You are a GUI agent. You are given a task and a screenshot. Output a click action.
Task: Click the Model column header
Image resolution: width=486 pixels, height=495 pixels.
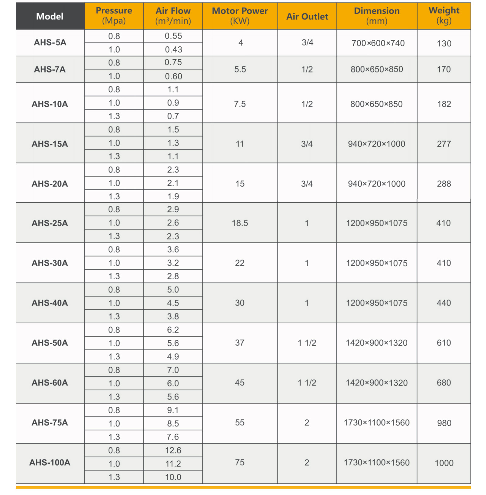[x=50, y=16]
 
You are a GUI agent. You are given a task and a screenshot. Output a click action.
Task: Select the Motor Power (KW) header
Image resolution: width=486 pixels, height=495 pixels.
[x=240, y=16]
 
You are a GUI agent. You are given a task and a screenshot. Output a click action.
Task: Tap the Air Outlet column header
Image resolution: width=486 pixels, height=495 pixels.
[x=307, y=16]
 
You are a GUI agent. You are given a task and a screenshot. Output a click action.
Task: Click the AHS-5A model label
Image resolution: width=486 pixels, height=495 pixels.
[x=50, y=42]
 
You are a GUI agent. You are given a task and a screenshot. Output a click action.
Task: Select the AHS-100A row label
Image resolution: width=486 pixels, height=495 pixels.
[x=50, y=463]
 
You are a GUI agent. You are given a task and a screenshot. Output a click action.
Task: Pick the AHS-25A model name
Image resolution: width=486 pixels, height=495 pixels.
[x=50, y=223]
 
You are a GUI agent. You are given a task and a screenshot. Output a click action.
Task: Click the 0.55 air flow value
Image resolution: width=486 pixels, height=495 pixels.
[x=173, y=36]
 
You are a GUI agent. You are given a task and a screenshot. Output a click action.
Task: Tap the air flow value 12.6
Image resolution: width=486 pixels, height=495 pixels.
[x=173, y=450]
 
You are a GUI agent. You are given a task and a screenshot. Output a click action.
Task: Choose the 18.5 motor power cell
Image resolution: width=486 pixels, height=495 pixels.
[x=240, y=223]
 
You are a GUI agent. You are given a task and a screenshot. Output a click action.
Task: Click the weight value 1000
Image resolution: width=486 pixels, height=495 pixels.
[x=444, y=463]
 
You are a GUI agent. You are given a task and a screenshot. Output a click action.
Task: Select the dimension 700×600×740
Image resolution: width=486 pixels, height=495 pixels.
[x=378, y=43]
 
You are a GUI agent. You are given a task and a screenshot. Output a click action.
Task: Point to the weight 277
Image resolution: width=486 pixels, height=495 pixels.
[x=444, y=144]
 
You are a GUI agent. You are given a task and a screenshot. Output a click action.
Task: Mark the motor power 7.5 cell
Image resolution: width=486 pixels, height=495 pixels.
[x=240, y=104]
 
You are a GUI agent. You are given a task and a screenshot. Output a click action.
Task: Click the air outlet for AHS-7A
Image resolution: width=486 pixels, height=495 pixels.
[x=307, y=69]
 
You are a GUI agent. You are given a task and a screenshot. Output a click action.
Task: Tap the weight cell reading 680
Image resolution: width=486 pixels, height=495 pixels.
[x=444, y=383]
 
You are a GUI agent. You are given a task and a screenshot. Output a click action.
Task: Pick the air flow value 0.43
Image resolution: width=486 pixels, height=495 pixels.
[x=173, y=49]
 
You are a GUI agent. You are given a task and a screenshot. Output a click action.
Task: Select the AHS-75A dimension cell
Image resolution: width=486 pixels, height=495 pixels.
[x=377, y=423]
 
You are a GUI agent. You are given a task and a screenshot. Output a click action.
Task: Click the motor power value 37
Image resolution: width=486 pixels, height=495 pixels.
[x=240, y=343]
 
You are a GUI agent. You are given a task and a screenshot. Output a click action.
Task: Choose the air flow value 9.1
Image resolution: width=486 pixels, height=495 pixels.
[x=173, y=410]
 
